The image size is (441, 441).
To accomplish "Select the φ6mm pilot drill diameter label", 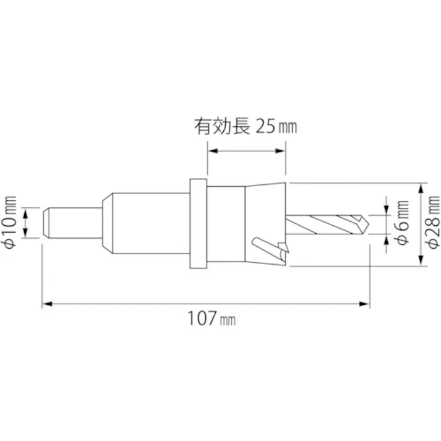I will [x=402, y=223].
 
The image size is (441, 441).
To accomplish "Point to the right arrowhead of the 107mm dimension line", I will [x=369, y=304].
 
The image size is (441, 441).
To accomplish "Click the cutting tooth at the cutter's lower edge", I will [x=281, y=251].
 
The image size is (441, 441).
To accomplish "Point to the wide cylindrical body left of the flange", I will [x=148, y=223].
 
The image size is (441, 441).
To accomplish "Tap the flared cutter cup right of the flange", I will [x=266, y=223].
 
